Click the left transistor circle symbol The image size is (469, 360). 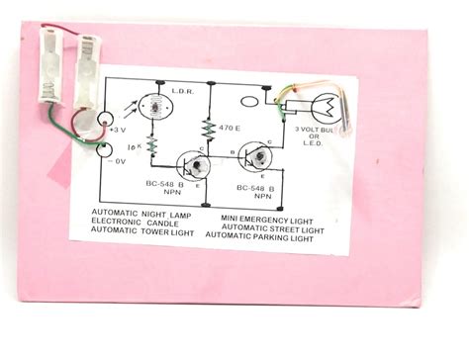pos(187,166)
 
